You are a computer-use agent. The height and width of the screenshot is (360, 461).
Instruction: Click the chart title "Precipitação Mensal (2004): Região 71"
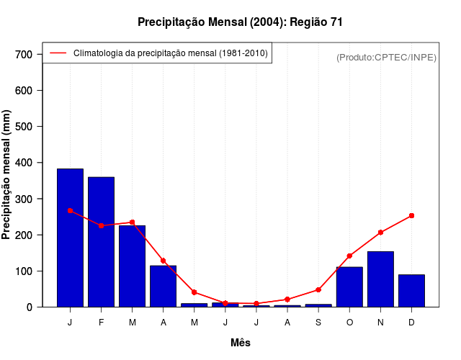[x=240, y=22]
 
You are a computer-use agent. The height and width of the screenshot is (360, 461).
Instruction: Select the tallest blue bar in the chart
[x=70, y=238]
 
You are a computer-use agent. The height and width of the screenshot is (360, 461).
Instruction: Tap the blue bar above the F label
[x=101, y=242]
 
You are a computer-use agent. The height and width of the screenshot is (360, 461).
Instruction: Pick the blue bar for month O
[x=349, y=287]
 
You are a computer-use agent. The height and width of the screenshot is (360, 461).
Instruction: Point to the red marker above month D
[x=411, y=215]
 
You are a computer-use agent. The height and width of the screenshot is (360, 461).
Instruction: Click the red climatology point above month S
[x=318, y=289]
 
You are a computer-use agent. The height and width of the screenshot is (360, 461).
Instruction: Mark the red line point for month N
[x=380, y=232]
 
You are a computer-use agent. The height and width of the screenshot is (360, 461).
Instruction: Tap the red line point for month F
[x=101, y=225]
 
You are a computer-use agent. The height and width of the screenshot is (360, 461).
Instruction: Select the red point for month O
[x=349, y=256]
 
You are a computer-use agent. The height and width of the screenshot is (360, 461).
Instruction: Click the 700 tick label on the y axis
[x=24, y=55]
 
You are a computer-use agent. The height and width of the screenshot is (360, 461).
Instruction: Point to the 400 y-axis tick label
[x=24, y=163]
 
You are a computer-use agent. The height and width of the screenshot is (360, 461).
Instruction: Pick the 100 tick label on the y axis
[x=24, y=271]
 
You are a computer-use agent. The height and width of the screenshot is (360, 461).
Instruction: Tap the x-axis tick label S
[x=318, y=323]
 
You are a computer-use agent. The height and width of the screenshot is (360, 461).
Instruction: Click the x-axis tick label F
[x=101, y=323]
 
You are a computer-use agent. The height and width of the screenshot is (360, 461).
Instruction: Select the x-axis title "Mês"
[x=241, y=343]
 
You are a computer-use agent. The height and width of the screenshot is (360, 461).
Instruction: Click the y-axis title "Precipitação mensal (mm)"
[x=7, y=175]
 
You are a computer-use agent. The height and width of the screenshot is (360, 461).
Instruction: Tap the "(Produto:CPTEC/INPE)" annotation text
[x=387, y=57]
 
